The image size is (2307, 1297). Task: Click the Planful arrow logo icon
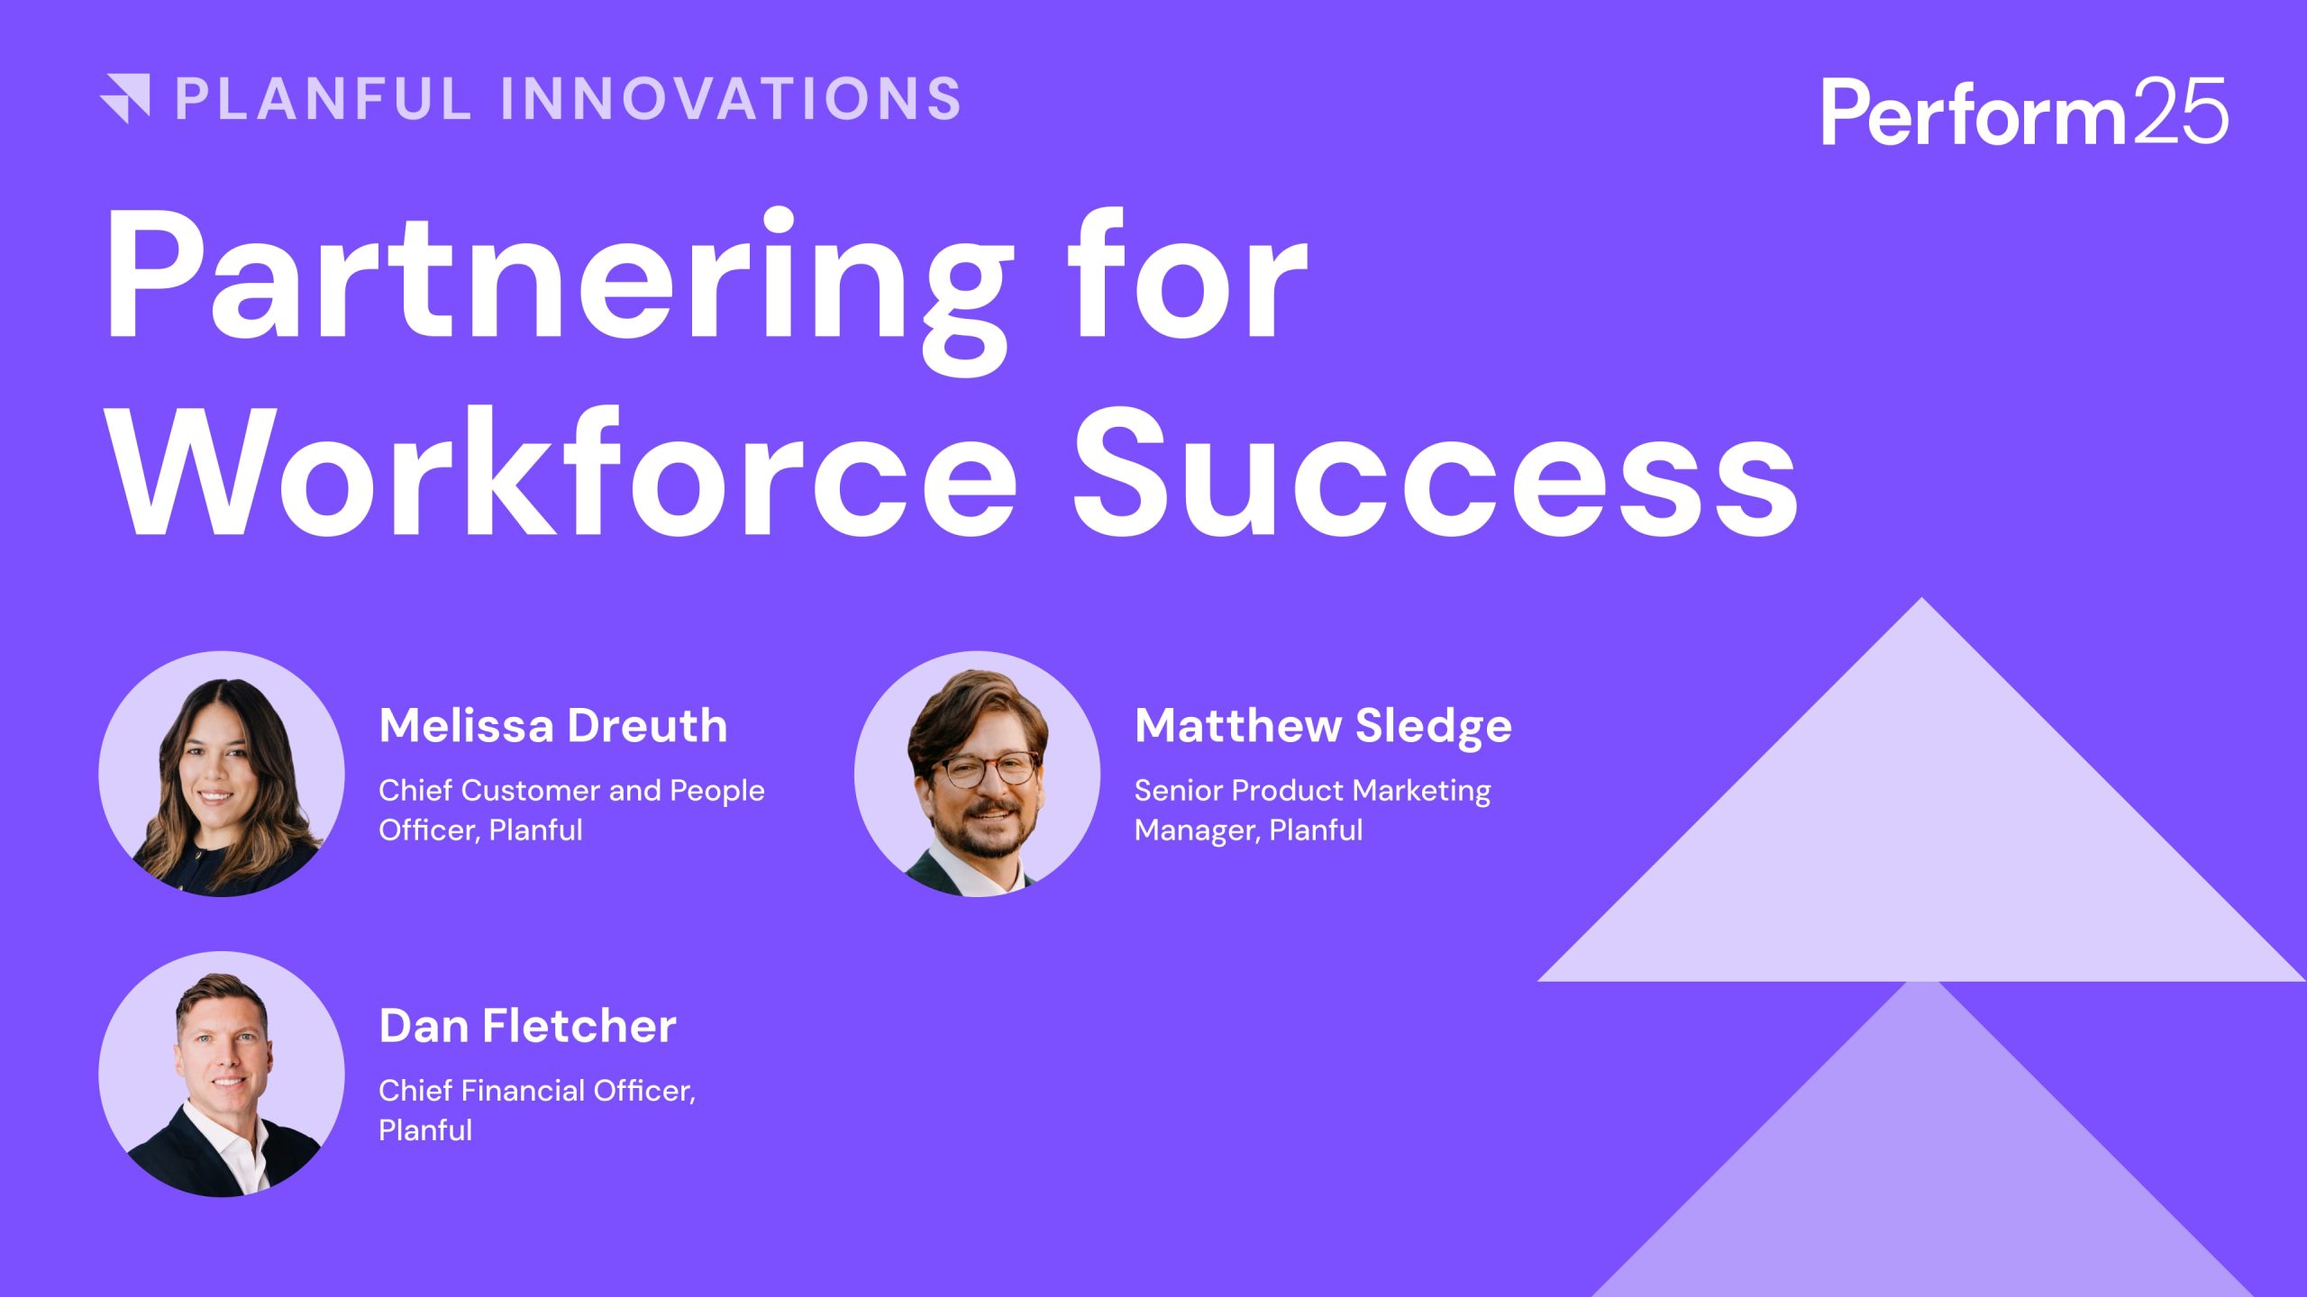126,98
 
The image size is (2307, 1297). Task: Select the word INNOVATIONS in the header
731,98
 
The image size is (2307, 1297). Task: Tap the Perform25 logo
2024,112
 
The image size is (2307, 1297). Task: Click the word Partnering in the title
559,279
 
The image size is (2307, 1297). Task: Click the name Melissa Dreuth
553,726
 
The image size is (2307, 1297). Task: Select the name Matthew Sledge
1323,726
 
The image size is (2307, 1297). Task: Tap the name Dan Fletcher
527,1026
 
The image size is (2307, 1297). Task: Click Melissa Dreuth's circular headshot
222,774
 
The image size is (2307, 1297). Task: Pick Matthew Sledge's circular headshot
977,774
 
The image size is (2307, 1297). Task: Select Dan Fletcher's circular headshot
222,1074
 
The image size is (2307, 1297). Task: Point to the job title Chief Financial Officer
536,1091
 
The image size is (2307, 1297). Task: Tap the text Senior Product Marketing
1312,791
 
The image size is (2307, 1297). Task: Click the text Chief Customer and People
571,791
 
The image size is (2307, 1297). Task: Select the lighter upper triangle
1921,838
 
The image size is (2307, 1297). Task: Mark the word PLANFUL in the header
324,98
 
